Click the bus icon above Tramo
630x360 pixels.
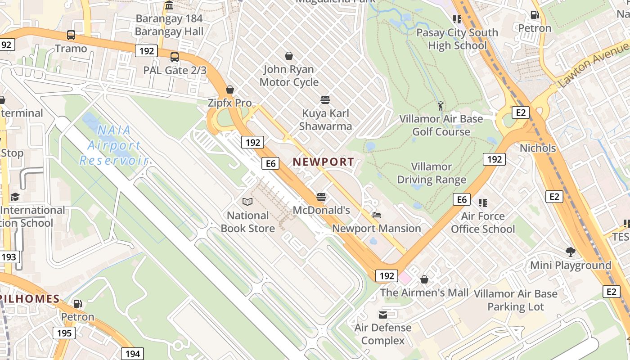click(71, 35)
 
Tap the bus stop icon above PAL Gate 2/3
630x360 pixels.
click(175, 57)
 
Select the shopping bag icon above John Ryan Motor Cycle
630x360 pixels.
click(289, 56)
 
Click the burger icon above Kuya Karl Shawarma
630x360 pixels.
click(325, 99)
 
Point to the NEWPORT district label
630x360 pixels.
click(324, 162)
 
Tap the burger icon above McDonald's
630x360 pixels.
click(321, 197)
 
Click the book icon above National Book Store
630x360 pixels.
click(247, 202)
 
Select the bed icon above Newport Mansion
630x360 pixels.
click(377, 215)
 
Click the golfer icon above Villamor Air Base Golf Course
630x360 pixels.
click(441, 106)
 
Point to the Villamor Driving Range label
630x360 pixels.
click(432, 173)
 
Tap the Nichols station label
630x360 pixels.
click(538, 148)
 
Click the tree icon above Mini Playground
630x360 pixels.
click(570, 252)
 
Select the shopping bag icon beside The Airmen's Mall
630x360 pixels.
click(424, 280)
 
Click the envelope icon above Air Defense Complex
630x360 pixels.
click(383, 314)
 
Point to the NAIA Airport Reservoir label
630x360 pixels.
click(114, 145)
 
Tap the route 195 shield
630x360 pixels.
click(64, 333)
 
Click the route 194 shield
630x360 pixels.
click(132, 354)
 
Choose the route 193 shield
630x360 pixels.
click(9, 257)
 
